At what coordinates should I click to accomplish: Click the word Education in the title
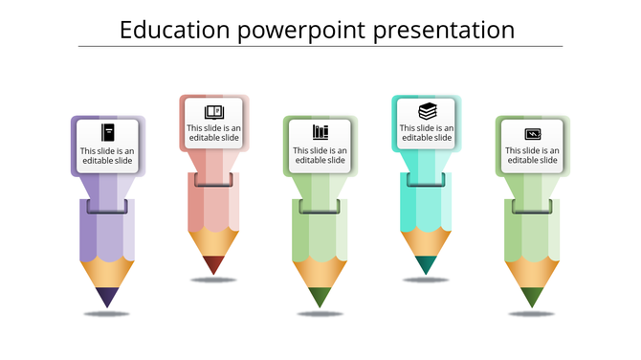173,31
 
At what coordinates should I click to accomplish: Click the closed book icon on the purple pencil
107,132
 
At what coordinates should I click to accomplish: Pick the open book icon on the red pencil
214,111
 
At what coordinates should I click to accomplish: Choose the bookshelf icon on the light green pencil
320,131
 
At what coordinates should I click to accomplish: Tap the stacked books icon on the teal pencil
428,110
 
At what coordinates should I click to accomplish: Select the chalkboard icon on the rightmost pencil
533,134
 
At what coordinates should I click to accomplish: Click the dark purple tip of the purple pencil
107,297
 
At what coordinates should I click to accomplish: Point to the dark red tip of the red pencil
214,264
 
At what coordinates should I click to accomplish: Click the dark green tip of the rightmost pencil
533,297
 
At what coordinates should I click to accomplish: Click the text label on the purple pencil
107,155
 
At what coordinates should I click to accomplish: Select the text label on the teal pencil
428,133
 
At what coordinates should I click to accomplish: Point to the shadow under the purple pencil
107,314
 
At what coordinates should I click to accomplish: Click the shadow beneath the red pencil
214,280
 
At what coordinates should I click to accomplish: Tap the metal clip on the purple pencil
107,206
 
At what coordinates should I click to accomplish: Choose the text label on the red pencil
214,133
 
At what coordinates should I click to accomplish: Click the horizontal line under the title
320,47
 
